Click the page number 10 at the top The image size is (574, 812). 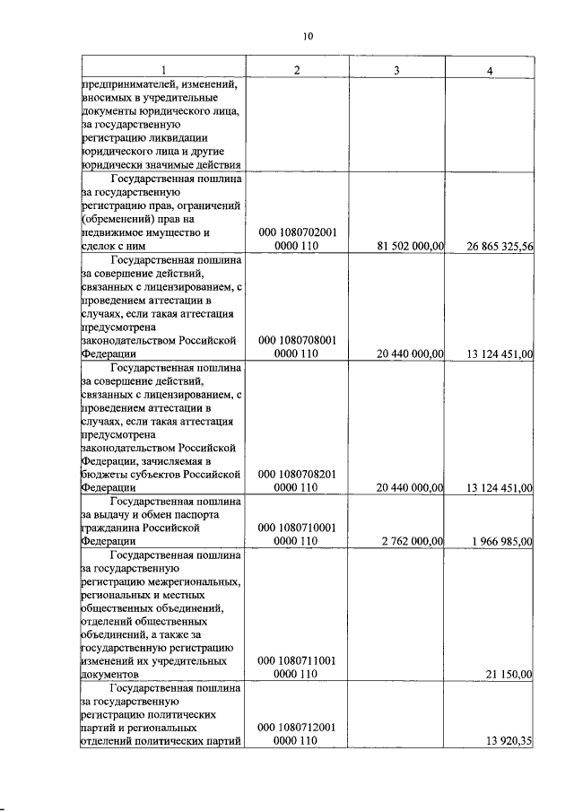308,37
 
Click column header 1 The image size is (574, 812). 162,69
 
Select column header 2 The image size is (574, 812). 297,69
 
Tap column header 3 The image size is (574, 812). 396,69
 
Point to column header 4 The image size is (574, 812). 490,69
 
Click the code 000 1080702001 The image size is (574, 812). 297,232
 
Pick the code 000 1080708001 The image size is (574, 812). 297,340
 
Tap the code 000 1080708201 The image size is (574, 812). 297,474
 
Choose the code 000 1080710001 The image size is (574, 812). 297,528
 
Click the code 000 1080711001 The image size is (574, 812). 297,660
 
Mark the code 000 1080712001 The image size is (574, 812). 297,728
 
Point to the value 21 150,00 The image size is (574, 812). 510,674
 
